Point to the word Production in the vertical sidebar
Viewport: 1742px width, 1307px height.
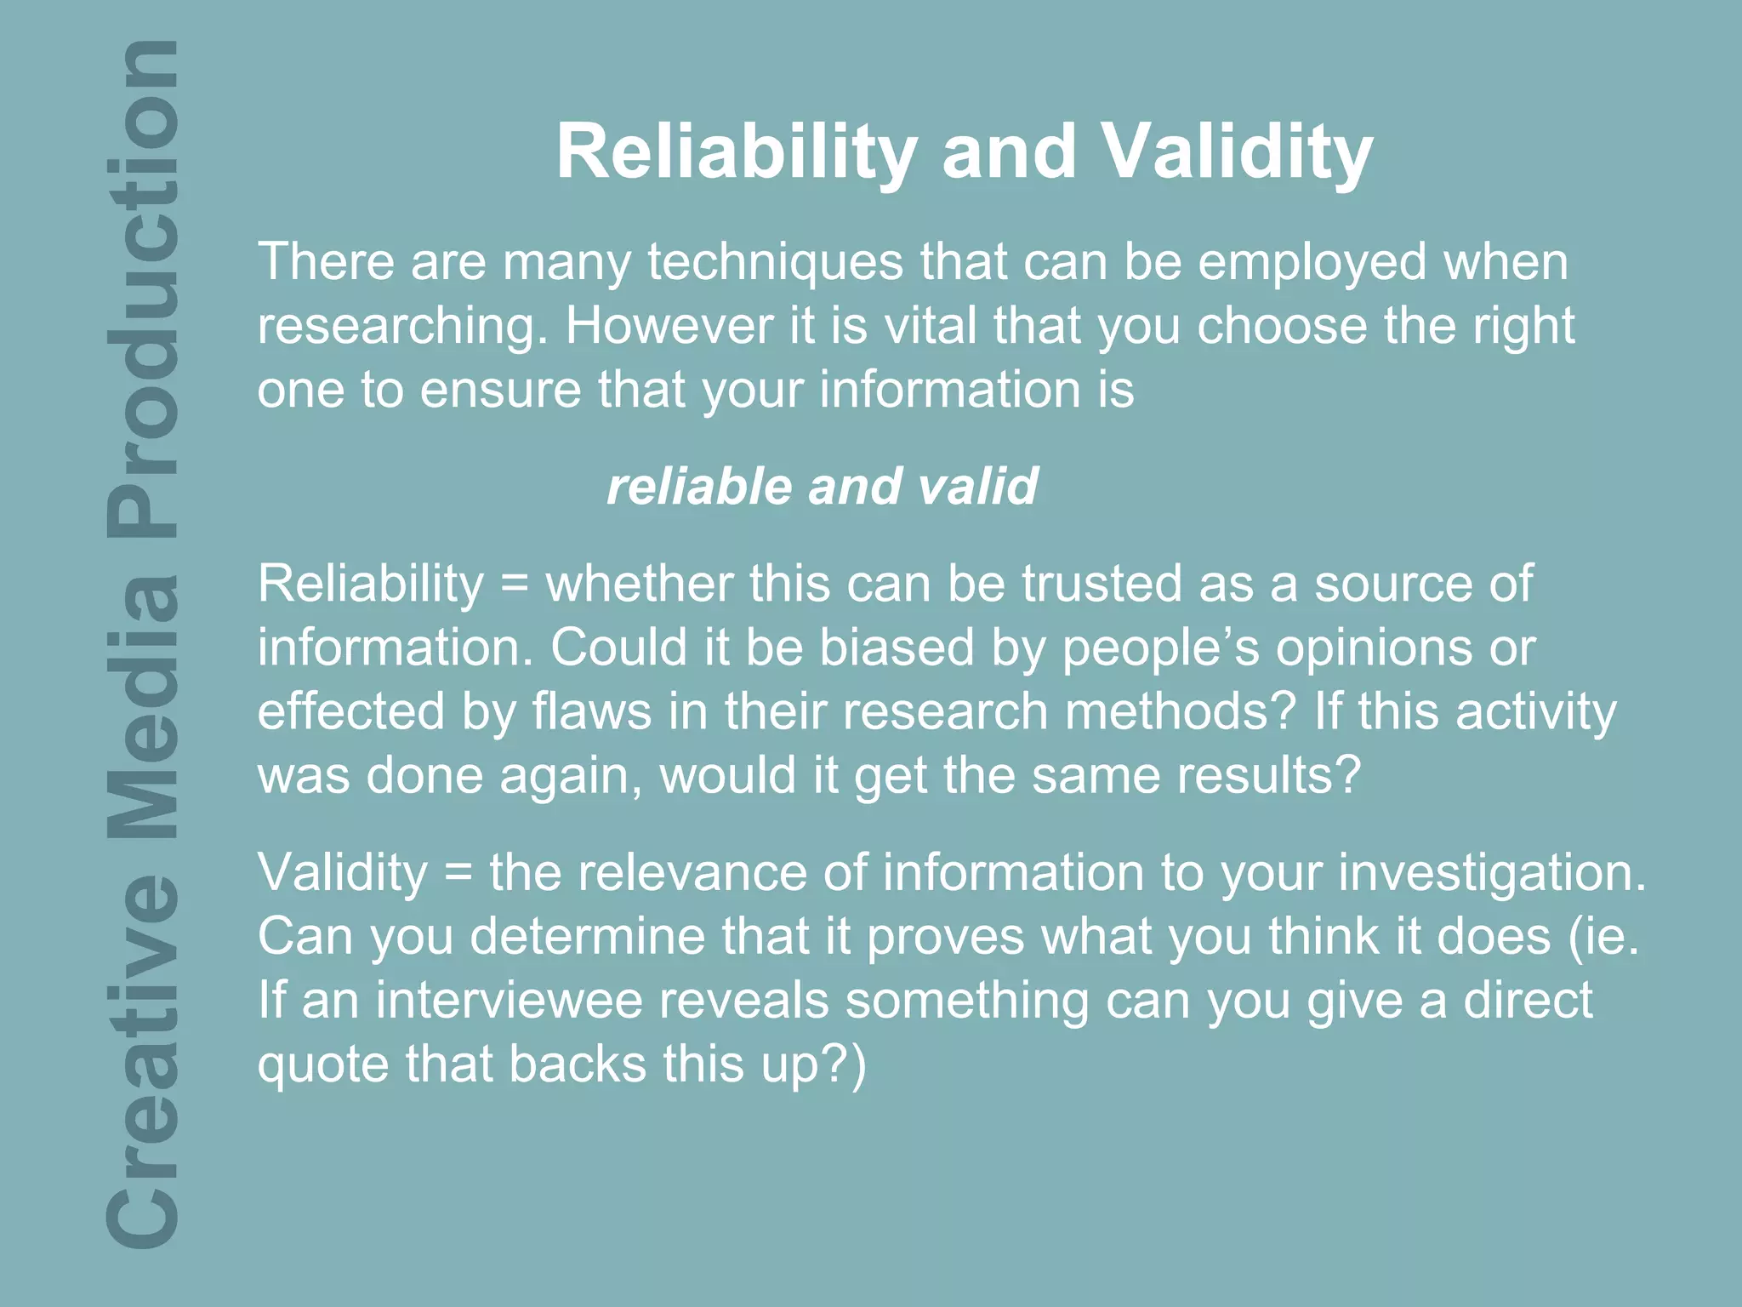click(143, 289)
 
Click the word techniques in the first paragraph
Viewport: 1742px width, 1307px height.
click(775, 261)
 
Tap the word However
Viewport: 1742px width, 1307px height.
click(669, 326)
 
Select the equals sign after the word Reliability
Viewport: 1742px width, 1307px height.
click(514, 585)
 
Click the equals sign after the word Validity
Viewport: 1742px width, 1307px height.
click(458, 874)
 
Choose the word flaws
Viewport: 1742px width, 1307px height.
click(591, 712)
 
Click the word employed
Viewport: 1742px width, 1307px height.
click(1312, 263)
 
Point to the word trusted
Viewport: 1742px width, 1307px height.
click(1102, 585)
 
